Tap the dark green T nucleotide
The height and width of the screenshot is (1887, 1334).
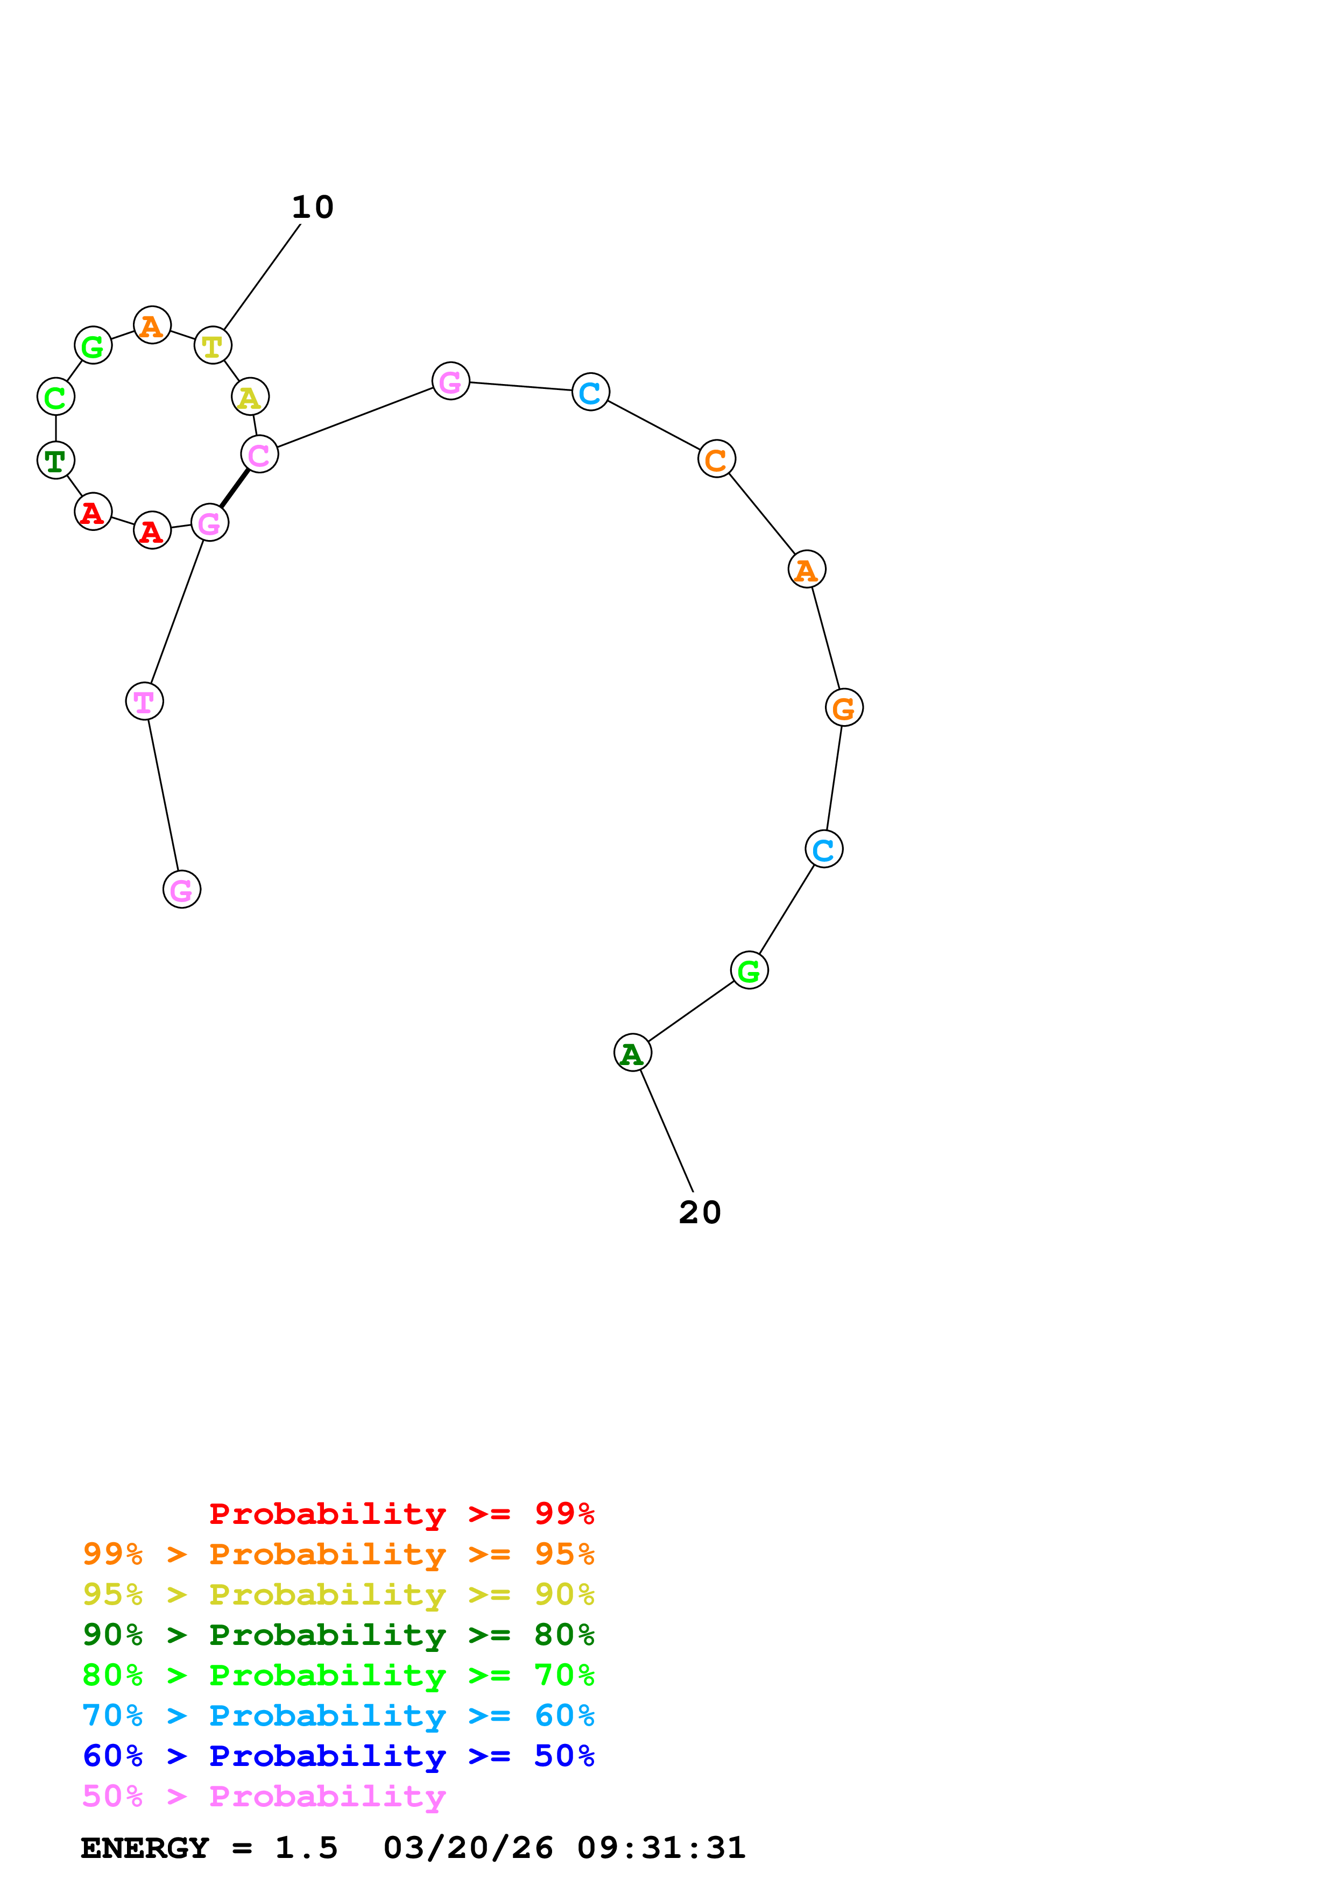coord(56,460)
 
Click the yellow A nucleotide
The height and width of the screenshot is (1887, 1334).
coord(250,398)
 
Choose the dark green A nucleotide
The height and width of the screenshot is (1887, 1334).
coord(633,1053)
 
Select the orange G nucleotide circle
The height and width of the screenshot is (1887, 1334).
coord(844,708)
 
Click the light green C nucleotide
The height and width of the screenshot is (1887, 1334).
coord(56,397)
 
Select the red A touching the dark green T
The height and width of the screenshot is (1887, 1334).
coord(94,513)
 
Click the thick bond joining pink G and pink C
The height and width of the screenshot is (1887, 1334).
coord(234,489)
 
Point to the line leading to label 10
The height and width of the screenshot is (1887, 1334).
coord(262,278)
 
